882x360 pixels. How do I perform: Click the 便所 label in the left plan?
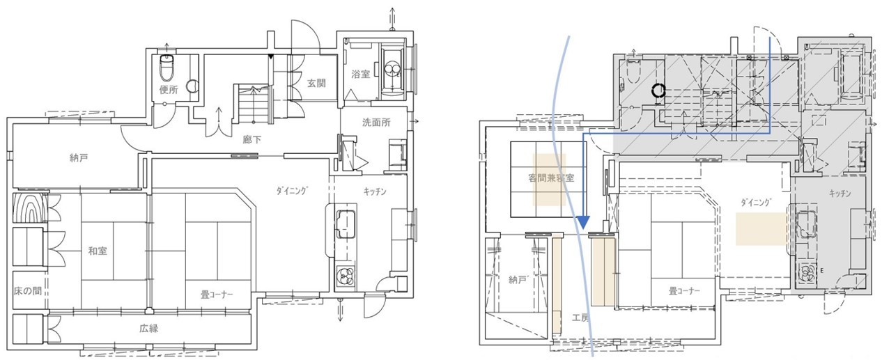coord(169,90)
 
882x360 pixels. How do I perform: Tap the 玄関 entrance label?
coord(316,83)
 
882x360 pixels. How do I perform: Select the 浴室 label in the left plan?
coord(361,74)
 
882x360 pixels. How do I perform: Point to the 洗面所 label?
coord(376,123)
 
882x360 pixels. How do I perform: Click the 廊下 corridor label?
coord(252,139)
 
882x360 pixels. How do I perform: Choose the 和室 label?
coord(98,251)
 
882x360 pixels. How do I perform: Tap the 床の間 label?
coord(28,291)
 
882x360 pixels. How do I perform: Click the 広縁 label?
coord(149,328)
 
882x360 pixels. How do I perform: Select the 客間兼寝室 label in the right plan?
coord(551,178)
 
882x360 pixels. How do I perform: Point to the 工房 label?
coord(580,317)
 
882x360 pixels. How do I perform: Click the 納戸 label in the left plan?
coord(79,158)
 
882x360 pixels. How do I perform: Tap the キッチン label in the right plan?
coord(840,193)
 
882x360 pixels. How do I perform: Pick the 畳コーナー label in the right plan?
coord(684,291)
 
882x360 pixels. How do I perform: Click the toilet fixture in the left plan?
coord(167,67)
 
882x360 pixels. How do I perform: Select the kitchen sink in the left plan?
coord(346,224)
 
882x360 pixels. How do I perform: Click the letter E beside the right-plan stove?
coord(822,271)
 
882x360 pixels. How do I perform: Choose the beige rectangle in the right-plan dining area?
coord(761,228)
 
